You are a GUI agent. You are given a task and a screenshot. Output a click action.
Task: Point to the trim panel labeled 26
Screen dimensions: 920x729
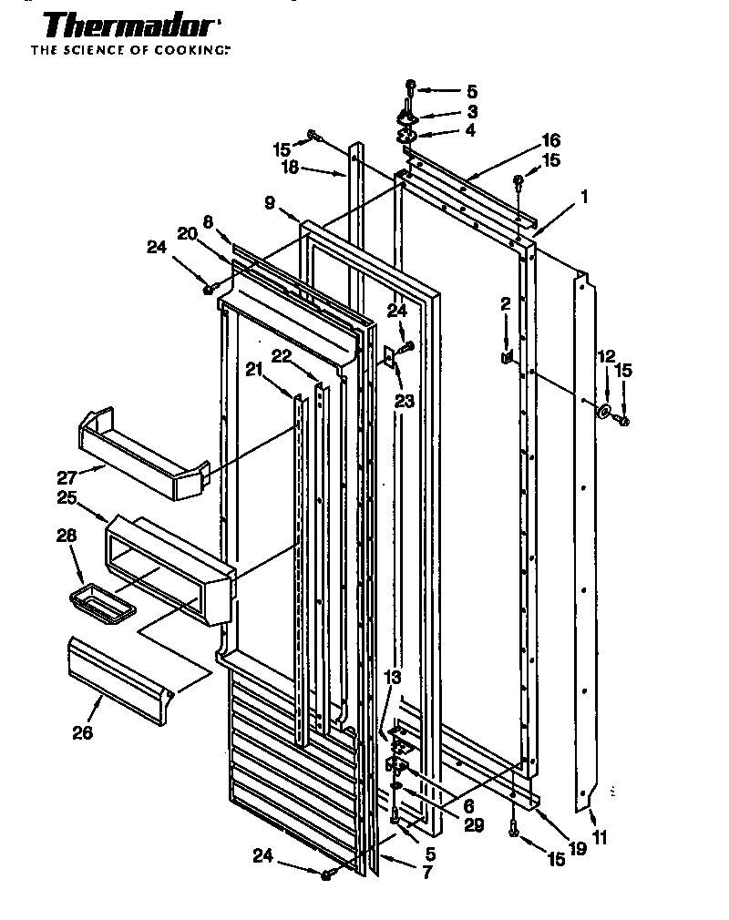coord(119,680)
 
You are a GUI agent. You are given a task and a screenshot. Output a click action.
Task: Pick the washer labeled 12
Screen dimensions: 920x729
coord(604,412)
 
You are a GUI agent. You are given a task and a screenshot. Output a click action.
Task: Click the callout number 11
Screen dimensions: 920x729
coord(600,837)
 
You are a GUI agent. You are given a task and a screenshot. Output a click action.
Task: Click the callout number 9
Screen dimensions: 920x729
coord(270,203)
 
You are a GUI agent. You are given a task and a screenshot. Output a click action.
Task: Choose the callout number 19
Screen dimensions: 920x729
coord(576,849)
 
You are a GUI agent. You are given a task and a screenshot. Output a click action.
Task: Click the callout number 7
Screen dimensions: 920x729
coord(427,873)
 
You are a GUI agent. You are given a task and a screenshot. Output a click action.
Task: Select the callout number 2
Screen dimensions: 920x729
coord(504,304)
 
